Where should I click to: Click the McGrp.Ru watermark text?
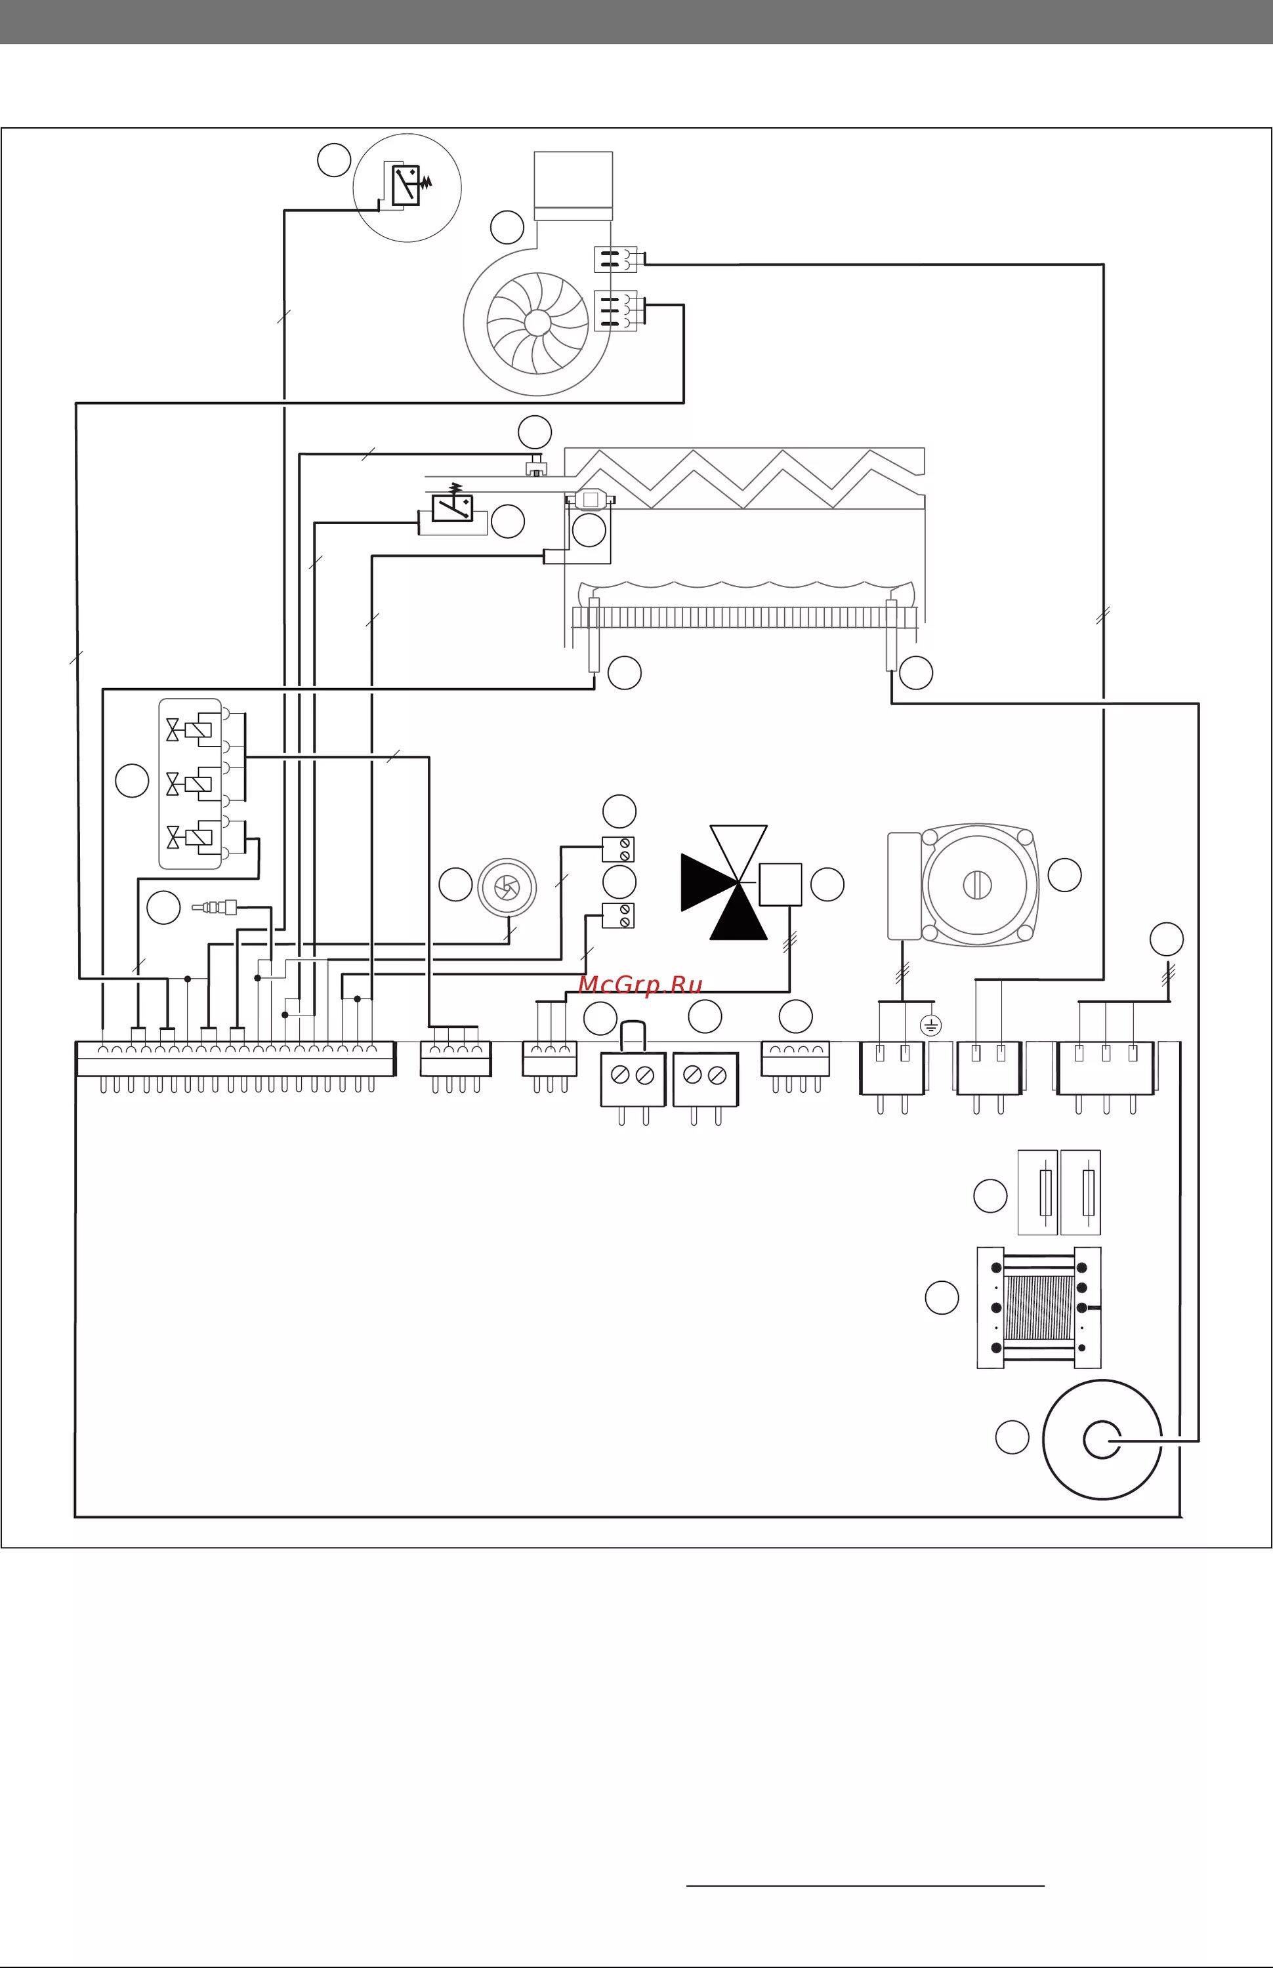pyautogui.click(x=640, y=985)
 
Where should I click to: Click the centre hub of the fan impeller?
pyautogui.click(x=537, y=322)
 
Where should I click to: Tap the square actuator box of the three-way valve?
pyautogui.click(x=780, y=884)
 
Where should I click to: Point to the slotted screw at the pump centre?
pyautogui.click(x=977, y=884)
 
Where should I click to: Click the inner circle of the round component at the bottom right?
pyautogui.click(x=1102, y=1440)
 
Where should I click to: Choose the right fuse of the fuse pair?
pyautogui.click(x=1087, y=1191)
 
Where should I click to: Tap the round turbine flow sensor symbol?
pyautogui.click(x=507, y=886)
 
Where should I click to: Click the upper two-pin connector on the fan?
pyautogui.click(x=615, y=258)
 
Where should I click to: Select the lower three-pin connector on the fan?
pyautogui.click(x=615, y=311)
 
